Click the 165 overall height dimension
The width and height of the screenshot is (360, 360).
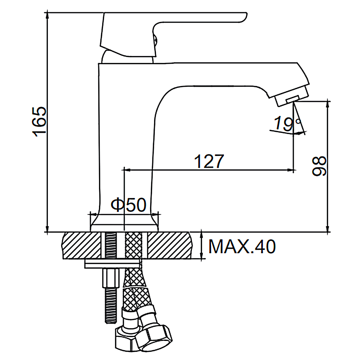point(39,122)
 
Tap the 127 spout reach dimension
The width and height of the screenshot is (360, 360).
point(209,161)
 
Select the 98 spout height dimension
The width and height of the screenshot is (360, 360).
point(319,166)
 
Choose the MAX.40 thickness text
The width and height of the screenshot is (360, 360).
point(242,247)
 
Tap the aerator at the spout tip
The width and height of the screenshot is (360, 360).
point(292,95)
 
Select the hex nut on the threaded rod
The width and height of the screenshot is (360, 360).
point(111,278)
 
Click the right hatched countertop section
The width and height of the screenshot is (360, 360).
point(170,246)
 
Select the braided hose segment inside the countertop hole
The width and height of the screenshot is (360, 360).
point(134,246)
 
